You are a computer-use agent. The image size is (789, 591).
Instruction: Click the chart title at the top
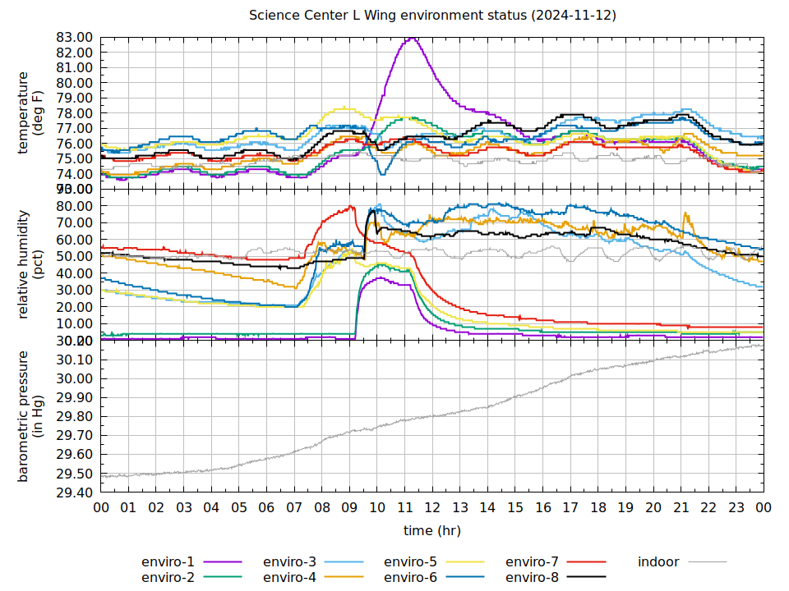pyautogui.click(x=432, y=16)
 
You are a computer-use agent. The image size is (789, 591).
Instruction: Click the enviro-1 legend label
pyautogui.click(x=168, y=562)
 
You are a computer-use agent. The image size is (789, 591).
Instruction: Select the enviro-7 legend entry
pyautogui.click(x=532, y=562)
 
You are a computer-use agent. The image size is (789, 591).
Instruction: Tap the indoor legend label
pyautogui.click(x=658, y=562)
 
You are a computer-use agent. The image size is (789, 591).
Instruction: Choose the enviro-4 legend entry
pyautogui.click(x=289, y=578)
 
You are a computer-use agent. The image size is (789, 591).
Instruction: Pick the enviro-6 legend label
pyautogui.click(x=411, y=578)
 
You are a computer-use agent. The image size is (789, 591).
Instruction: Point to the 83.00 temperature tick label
pyautogui.click(x=74, y=37)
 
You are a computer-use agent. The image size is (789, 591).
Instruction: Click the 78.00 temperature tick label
pyautogui.click(x=74, y=113)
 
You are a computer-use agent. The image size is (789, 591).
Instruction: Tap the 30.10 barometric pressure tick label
pyautogui.click(x=74, y=360)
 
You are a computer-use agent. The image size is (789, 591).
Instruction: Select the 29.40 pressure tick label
pyautogui.click(x=74, y=492)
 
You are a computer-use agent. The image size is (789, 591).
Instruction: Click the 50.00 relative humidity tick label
pyautogui.click(x=74, y=256)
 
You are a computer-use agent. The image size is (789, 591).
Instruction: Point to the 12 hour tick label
pyautogui.click(x=432, y=508)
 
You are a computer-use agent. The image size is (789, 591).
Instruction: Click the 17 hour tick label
pyautogui.click(x=570, y=508)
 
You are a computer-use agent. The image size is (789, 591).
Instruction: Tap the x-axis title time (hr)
pyautogui.click(x=432, y=531)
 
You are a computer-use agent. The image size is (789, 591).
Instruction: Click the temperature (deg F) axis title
pyautogui.click(x=30, y=112)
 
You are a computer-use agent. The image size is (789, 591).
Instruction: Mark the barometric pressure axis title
pyautogui.click(x=30, y=416)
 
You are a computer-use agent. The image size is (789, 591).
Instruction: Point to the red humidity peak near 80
pyautogui.click(x=351, y=206)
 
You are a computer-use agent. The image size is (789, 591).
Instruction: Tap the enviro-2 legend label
pyautogui.click(x=168, y=578)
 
